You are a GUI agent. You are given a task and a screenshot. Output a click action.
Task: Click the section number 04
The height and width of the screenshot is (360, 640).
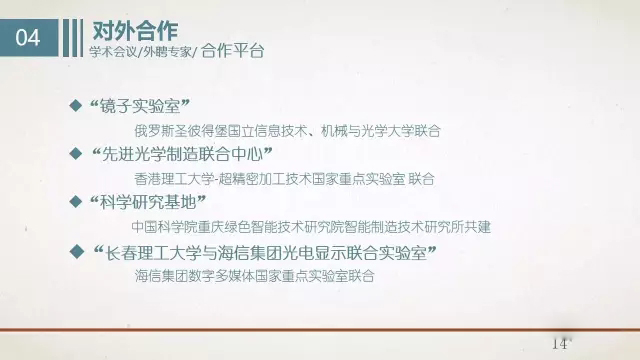(x=30, y=39)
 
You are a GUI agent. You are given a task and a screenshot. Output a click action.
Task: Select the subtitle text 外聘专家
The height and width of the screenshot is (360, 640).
(x=166, y=51)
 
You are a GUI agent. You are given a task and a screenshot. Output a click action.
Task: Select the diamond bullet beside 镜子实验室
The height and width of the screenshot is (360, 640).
(x=73, y=106)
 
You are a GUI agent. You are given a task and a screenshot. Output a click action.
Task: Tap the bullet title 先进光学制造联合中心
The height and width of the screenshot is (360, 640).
(x=181, y=155)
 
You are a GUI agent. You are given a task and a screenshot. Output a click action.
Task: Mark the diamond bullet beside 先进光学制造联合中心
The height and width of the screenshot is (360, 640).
(x=73, y=154)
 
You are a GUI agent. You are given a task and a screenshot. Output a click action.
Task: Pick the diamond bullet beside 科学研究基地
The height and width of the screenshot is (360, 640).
(x=73, y=202)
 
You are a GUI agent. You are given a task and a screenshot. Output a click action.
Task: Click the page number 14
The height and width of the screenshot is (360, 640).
(x=558, y=343)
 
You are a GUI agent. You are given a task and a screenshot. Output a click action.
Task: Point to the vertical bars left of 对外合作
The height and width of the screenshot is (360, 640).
(x=70, y=39)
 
